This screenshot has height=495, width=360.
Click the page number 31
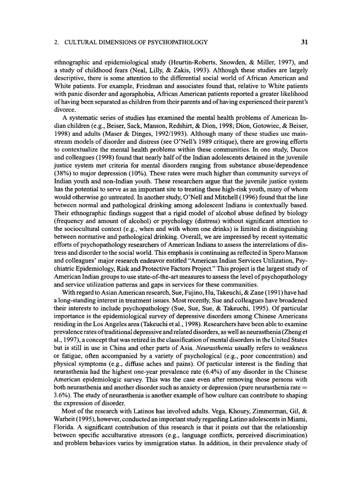tap(304, 42)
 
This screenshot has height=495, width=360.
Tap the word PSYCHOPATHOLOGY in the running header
tap(179, 42)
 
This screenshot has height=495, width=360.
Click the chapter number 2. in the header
tap(56, 42)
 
